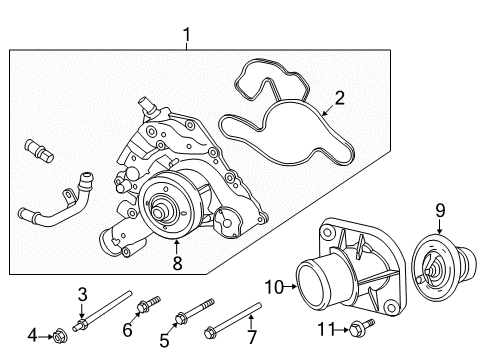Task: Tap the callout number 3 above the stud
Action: [x=83, y=293]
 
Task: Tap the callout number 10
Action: [x=272, y=287]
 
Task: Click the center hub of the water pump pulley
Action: [x=159, y=212]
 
